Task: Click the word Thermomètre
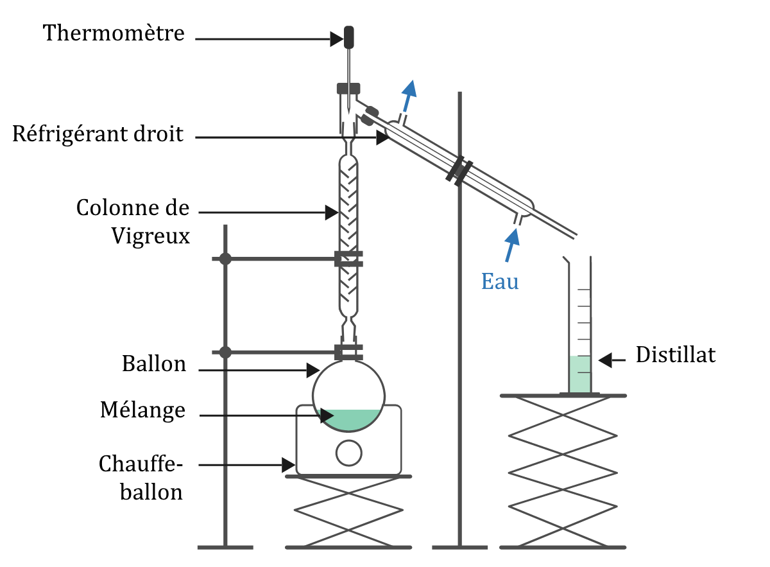(x=114, y=33)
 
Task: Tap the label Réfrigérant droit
(x=98, y=135)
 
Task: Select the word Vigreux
(x=151, y=236)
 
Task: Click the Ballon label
(x=154, y=364)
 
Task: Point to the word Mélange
(x=142, y=410)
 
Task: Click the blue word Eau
(x=500, y=281)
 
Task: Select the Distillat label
(x=675, y=355)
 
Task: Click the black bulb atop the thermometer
(x=349, y=37)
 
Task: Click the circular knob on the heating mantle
(x=348, y=453)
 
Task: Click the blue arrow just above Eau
(x=511, y=246)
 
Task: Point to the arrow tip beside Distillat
(x=604, y=361)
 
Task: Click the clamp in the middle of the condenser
(x=460, y=170)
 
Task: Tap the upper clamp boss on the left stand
(x=225, y=259)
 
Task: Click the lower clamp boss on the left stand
(x=225, y=352)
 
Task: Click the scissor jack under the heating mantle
(x=348, y=511)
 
